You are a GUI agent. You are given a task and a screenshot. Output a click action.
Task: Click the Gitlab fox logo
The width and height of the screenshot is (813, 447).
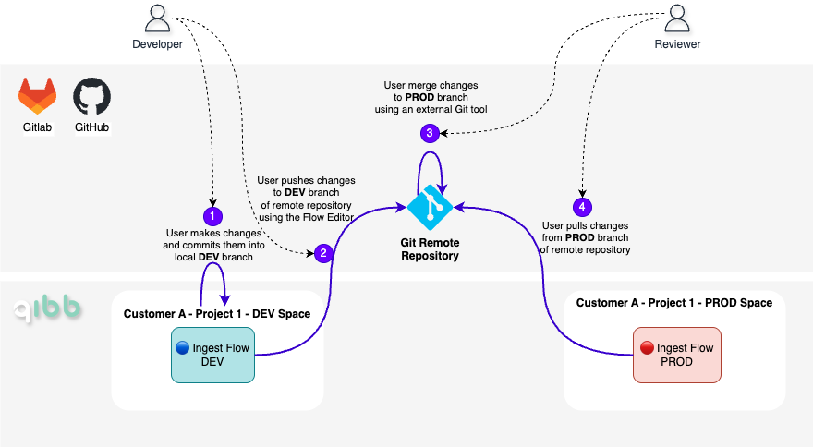pyautogui.click(x=38, y=95)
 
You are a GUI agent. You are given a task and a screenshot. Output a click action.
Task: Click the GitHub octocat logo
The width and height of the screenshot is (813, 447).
pyautogui.click(x=92, y=95)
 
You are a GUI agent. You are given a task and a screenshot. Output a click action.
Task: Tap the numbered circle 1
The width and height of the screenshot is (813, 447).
pyautogui.click(x=212, y=216)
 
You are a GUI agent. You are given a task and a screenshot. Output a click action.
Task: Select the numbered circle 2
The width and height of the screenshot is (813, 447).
pyautogui.click(x=323, y=252)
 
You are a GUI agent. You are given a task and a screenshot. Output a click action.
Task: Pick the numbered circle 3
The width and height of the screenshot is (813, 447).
pyautogui.click(x=430, y=133)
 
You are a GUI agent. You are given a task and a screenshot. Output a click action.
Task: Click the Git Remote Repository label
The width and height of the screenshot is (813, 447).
pyautogui.click(x=430, y=249)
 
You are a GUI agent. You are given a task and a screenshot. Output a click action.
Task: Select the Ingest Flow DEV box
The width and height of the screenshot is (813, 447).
pyautogui.click(x=212, y=355)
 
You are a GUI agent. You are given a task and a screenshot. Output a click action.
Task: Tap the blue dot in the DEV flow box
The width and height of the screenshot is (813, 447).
pyautogui.click(x=182, y=348)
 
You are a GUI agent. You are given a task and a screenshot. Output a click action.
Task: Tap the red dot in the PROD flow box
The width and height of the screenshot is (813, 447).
pyautogui.click(x=647, y=348)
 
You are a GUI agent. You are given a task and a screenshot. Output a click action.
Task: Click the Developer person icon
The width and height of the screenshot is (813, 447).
pyautogui.click(x=158, y=18)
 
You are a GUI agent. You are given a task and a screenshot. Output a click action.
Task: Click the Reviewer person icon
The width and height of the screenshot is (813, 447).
pyautogui.click(x=676, y=18)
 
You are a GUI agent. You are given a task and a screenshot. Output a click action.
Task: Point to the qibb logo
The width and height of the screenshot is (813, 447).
pyautogui.click(x=47, y=310)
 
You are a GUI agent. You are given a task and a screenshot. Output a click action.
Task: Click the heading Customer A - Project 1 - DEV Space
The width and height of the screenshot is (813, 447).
pyautogui.click(x=217, y=314)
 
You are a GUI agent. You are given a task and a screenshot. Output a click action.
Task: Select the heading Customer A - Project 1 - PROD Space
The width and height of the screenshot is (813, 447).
pyautogui.click(x=674, y=303)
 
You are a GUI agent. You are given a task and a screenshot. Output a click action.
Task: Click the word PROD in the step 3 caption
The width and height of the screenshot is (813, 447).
pyautogui.click(x=420, y=97)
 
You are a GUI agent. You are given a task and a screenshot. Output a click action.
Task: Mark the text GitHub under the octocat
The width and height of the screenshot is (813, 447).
pyautogui.click(x=92, y=127)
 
